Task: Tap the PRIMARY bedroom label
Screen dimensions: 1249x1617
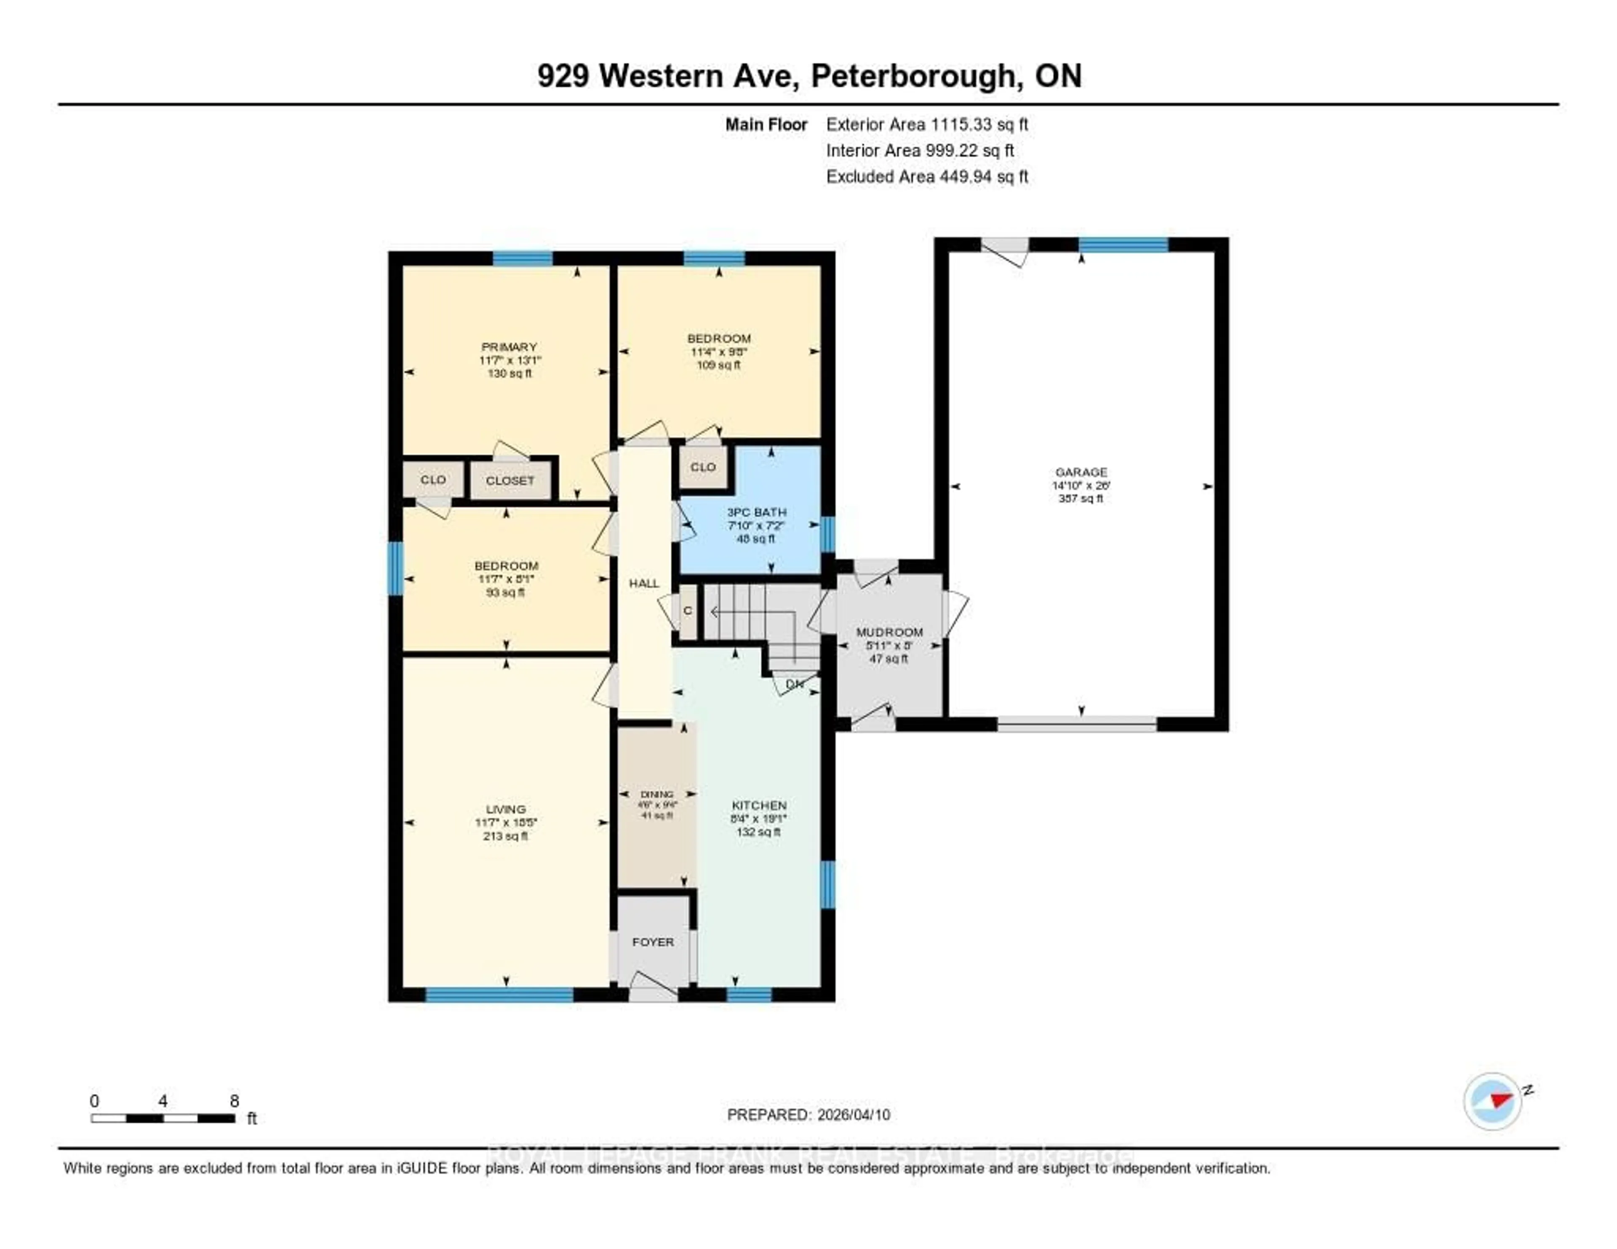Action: tap(509, 347)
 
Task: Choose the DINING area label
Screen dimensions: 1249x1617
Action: tap(657, 794)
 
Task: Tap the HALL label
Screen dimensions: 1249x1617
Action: tap(643, 583)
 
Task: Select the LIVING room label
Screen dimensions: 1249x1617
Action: tap(506, 809)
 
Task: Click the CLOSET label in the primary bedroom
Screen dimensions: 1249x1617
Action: tap(510, 480)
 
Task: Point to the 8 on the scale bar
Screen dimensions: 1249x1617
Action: tap(234, 1101)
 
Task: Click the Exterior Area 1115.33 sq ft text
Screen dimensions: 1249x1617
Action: tap(926, 124)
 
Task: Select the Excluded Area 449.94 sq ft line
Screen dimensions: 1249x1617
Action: tap(926, 176)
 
